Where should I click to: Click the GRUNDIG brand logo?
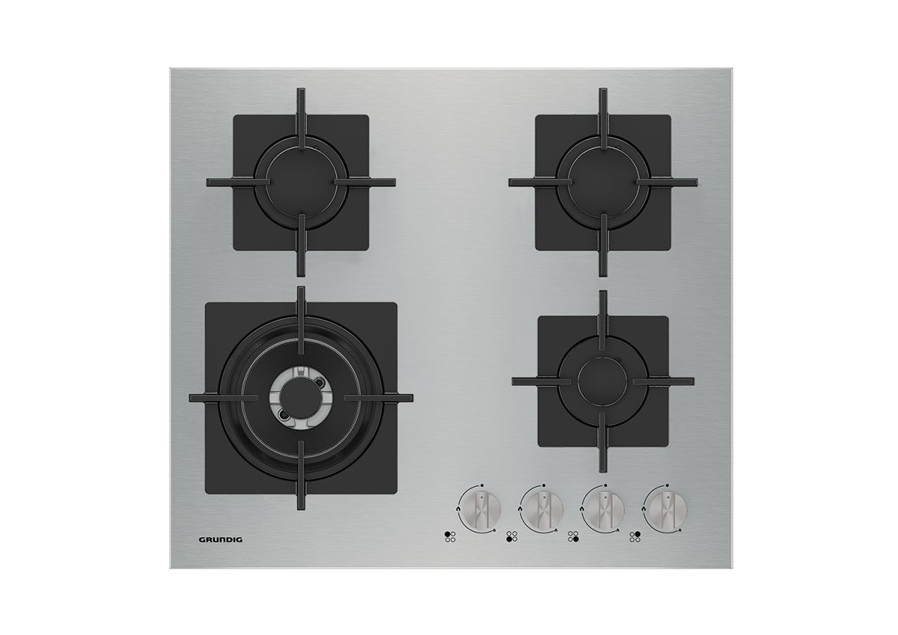coord(221,540)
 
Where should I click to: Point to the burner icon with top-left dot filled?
coord(450,537)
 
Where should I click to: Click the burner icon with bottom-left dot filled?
coord(512,537)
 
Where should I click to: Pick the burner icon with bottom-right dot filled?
coord(573,537)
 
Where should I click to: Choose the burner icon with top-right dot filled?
coord(635,537)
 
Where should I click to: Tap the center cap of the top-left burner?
coord(301,182)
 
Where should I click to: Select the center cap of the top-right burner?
coord(603,182)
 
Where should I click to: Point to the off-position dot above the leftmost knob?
coord(482,485)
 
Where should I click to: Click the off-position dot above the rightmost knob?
coord(667,485)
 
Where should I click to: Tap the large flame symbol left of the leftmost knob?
coord(458,508)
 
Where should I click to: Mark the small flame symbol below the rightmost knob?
coord(679,530)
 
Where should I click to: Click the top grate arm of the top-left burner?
coord(301,113)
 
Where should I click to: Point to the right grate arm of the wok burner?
coord(379,398)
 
